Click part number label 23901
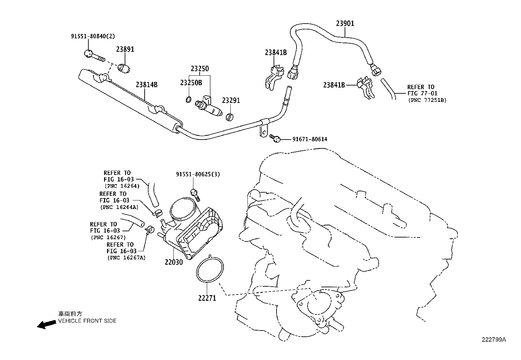345,24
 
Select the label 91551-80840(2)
93,36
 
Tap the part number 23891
125,49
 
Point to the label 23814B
147,85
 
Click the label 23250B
191,83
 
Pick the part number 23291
231,100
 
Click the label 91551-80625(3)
197,174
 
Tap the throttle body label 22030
173,262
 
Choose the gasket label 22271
207,298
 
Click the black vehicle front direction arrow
46,324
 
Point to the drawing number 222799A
494,340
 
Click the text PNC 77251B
427,100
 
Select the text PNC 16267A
126,258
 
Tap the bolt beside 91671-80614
275,139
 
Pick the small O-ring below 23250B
188,99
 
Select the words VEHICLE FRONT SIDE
87,321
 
